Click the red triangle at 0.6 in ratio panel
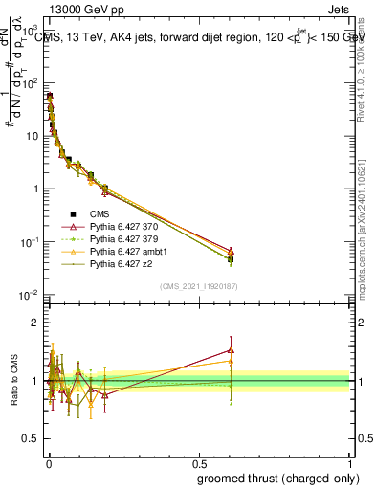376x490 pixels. pyautogui.click(x=231, y=350)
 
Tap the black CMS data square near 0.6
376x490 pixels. pyautogui.click(x=231, y=258)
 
